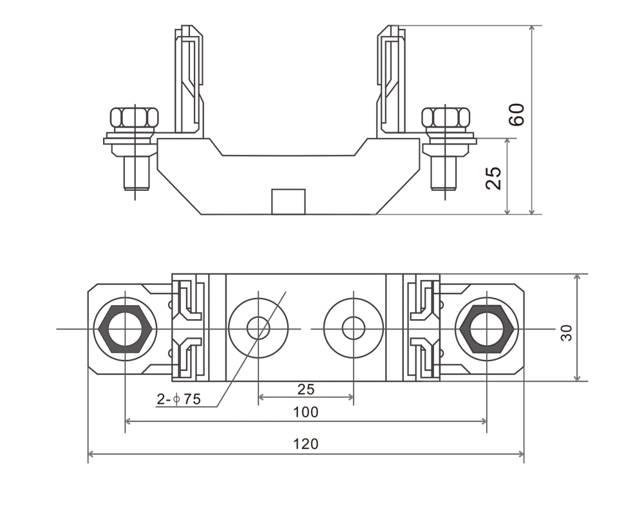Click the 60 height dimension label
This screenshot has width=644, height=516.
tap(519, 114)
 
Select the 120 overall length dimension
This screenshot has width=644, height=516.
tap(306, 444)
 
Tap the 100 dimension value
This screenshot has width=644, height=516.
tap(306, 412)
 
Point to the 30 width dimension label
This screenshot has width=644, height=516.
tap(566, 333)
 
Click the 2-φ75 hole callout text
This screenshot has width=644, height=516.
tap(179, 399)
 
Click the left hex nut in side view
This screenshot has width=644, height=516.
tap(134, 117)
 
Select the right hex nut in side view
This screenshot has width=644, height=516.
tap(446, 117)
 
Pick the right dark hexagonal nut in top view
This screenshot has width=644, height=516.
tap(487, 328)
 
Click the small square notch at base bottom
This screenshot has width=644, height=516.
tap(288, 201)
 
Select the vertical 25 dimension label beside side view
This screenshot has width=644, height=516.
tap(493, 179)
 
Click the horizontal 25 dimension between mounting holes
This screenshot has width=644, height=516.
tap(306, 389)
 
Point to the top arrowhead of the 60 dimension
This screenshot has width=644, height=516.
tap(532, 29)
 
